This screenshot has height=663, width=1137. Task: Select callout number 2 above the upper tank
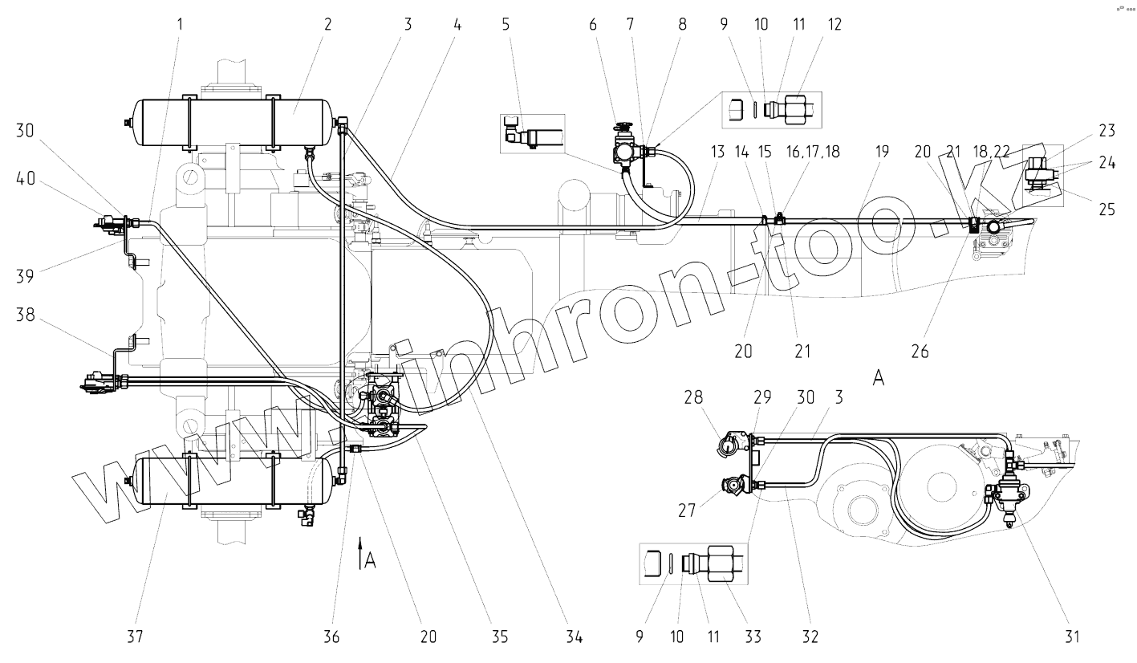[327, 23]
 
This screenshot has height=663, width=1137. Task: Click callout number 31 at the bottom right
[1073, 637]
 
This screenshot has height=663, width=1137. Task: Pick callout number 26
[920, 352]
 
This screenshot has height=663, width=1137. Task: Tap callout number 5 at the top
[506, 23]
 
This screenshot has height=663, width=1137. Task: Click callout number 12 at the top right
[835, 23]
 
